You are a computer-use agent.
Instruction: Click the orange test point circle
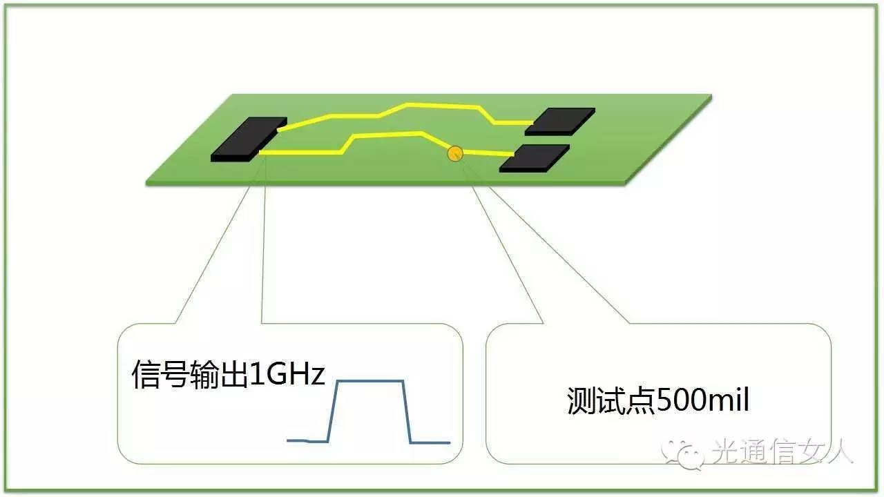tap(454, 153)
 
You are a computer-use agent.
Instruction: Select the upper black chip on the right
tap(560, 120)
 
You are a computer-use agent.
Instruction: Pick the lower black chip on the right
tap(535, 158)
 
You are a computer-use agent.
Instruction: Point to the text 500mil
tap(702, 400)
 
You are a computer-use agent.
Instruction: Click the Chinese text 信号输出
tap(189, 376)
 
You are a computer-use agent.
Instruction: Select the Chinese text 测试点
tap(611, 400)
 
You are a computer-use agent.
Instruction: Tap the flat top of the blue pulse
tap(369, 381)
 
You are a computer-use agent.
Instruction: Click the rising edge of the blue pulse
tap(332, 411)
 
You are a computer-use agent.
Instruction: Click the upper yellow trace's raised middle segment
tap(442, 105)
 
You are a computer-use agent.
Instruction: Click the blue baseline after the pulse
tap(430, 442)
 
